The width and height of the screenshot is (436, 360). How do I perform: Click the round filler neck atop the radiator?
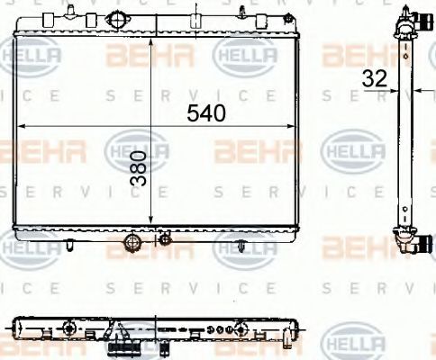(x=118, y=22)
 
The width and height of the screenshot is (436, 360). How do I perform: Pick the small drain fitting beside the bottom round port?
(x=164, y=238)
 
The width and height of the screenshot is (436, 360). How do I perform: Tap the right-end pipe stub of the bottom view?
(x=286, y=338)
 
